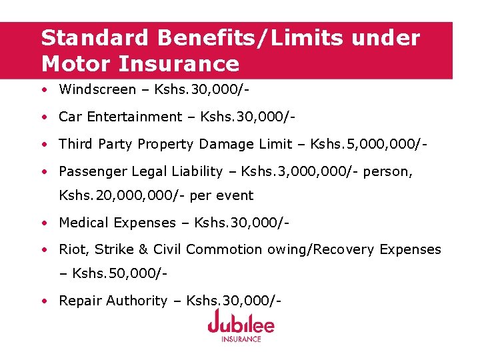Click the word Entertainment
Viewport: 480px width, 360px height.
[136, 117]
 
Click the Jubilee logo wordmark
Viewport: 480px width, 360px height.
[241, 324]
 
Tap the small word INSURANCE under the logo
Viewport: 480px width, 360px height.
[241, 339]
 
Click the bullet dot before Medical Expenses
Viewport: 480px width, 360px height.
[43, 223]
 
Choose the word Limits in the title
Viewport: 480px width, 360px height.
[302, 38]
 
